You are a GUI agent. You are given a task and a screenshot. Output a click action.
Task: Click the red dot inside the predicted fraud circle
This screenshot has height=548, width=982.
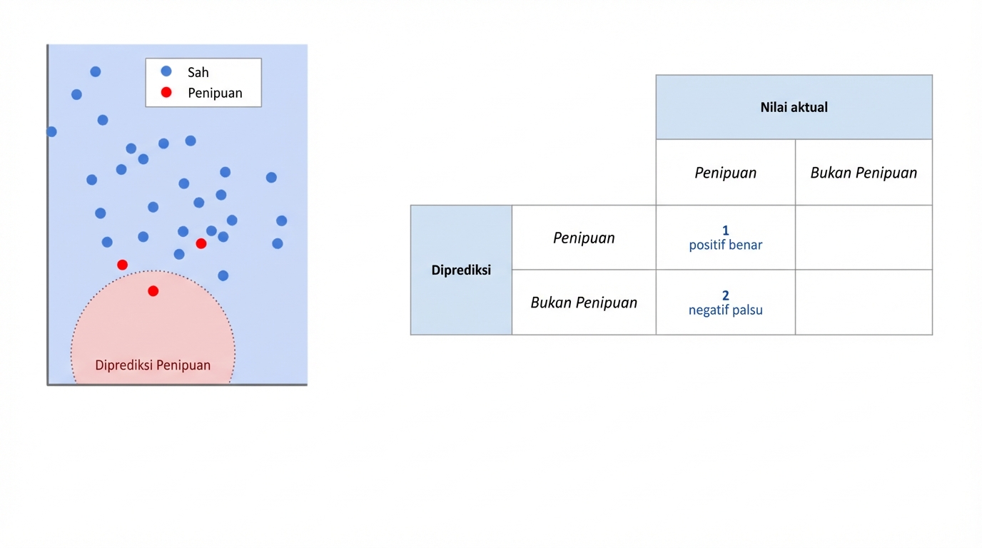tap(153, 291)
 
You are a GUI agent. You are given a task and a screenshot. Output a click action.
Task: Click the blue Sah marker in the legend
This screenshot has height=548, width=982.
tap(166, 71)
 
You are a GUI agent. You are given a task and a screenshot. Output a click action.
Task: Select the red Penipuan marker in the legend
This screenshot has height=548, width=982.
tap(166, 92)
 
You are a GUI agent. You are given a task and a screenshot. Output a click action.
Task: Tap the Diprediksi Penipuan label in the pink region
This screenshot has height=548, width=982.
tap(153, 365)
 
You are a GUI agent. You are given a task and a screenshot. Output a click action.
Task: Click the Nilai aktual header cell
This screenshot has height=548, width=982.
tap(794, 107)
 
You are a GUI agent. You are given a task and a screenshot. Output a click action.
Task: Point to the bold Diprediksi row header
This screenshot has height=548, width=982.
tap(461, 270)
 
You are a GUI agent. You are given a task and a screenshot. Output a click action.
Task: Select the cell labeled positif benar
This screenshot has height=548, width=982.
tap(725, 238)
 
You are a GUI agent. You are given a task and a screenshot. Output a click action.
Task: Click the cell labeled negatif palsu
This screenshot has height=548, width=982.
tap(725, 303)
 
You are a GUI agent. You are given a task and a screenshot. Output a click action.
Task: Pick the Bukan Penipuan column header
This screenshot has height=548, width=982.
tap(864, 173)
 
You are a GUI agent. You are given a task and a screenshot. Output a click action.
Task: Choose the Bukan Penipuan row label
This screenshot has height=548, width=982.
tap(584, 303)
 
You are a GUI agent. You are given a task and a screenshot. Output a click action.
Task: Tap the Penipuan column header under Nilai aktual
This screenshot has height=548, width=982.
tap(725, 173)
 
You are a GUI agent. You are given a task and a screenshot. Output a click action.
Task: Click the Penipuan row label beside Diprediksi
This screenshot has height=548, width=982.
tap(584, 238)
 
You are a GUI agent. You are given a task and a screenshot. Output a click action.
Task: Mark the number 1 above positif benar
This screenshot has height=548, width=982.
tap(726, 230)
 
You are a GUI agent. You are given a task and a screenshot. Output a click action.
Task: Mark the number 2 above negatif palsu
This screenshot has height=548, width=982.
tap(726, 295)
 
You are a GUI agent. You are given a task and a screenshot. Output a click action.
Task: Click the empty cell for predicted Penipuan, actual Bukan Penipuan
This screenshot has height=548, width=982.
tap(864, 238)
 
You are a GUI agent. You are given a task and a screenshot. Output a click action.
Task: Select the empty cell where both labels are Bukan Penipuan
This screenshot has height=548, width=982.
tap(864, 302)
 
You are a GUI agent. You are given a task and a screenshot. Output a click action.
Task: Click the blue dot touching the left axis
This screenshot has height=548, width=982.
tap(51, 131)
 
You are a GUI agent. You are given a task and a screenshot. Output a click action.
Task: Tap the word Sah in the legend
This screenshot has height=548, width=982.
tap(198, 72)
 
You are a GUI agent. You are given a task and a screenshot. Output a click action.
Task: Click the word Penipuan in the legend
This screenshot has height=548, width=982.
tap(215, 93)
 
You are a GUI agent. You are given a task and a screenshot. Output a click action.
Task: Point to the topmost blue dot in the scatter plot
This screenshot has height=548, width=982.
tap(96, 71)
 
